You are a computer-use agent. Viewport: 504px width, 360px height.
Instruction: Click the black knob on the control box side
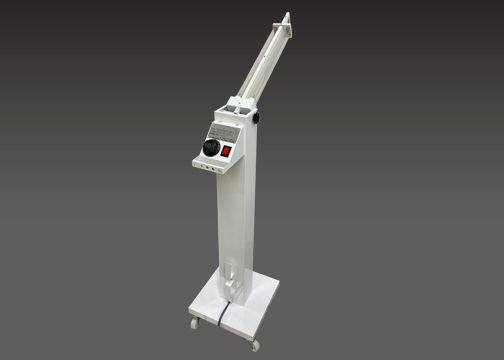coord(258,118)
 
